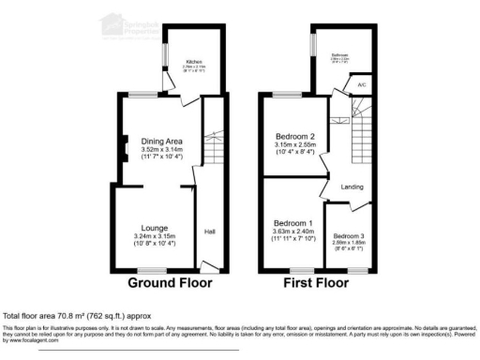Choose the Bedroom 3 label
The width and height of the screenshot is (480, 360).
pyautogui.click(x=348, y=236)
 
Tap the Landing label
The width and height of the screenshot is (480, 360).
pyautogui.click(x=352, y=186)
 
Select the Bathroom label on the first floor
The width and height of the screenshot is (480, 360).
pyautogui.click(x=338, y=55)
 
